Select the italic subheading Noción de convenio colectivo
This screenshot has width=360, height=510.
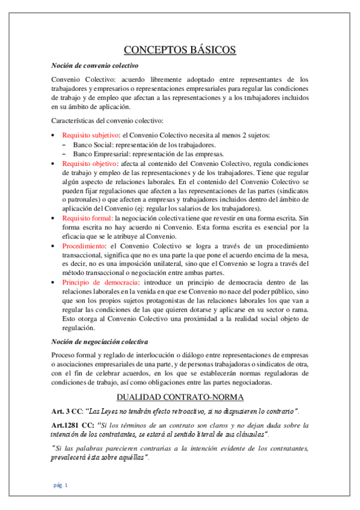pyautogui.click(x=95, y=65)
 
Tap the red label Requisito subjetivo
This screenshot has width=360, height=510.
pyautogui.click(x=90, y=135)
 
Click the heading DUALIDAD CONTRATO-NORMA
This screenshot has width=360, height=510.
pyautogui.click(x=180, y=398)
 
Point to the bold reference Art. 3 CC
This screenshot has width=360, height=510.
pyautogui.click(x=67, y=411)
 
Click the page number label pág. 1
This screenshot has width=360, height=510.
pyautogui.click(x=59, y=485)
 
